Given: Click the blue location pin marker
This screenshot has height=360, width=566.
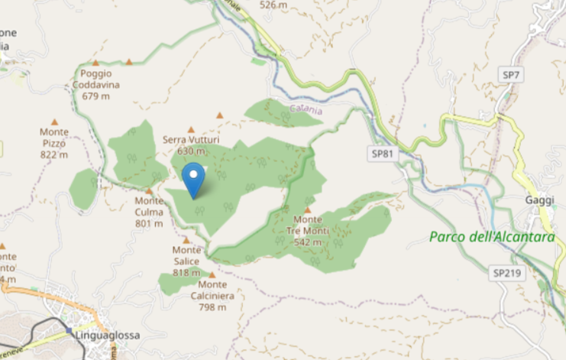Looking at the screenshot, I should click(x=195, y=179).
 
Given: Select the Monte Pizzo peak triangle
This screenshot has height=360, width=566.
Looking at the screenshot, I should click(x=54, y=122).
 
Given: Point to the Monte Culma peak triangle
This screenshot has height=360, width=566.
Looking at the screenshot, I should click(x=149, y=191).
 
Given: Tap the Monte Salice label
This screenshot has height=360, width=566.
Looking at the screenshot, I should click(x=186, y=255).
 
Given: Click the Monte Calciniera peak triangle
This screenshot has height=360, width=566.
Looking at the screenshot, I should click(x=212, y=274).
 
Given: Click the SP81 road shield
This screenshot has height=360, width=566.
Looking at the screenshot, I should click(x=383, y=154).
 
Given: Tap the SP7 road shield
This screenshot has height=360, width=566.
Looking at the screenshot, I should click(x=511, y=74).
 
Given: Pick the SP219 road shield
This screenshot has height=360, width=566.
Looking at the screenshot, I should click(x=506, y=272).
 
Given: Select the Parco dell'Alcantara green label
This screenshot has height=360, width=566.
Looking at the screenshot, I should click(x=492, y=237).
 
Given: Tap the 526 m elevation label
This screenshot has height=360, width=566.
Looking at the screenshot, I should click(x=273, y=5).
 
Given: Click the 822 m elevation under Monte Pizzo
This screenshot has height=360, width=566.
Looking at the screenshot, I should click(x=54, y=154).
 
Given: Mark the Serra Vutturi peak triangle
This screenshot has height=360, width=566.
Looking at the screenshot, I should click(x=191, y=129).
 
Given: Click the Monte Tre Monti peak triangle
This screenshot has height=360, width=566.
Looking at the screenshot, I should click(x=308, y=210).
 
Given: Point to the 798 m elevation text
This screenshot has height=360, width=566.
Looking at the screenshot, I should click(x=212, y=307).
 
